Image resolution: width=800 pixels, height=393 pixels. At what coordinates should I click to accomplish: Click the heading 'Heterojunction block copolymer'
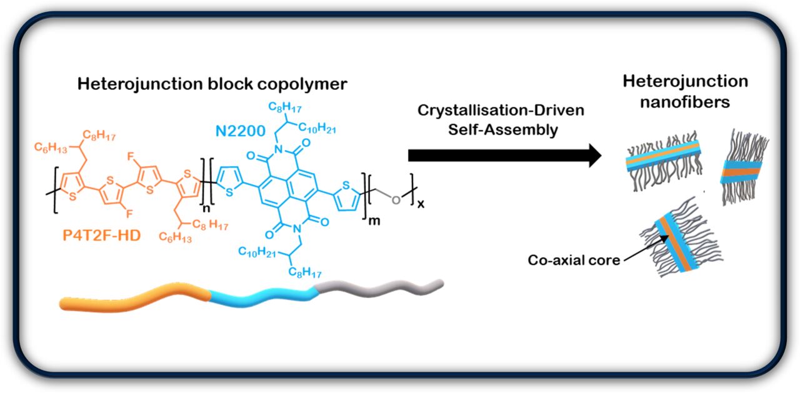tap(212, 84)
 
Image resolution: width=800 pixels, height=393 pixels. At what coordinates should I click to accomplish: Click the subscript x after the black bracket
tap(421, 204)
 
